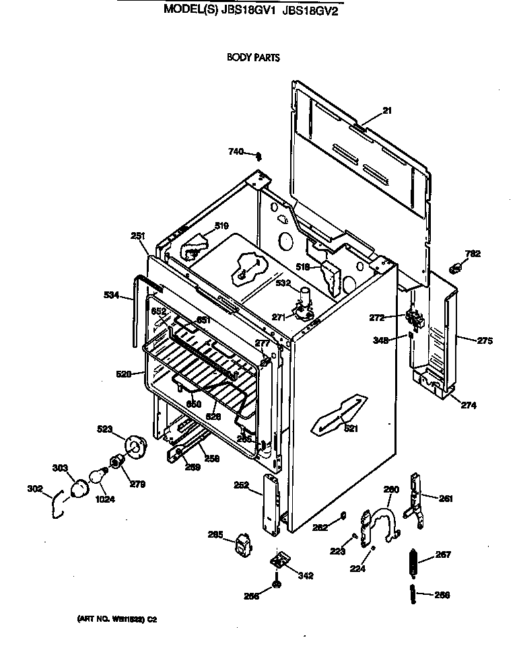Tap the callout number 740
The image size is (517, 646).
point(236,152)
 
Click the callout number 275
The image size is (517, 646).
point(485,340)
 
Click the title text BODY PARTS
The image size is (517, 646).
point(253,57)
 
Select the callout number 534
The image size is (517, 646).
point(112,294)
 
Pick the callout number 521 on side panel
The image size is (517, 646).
point(351,429)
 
